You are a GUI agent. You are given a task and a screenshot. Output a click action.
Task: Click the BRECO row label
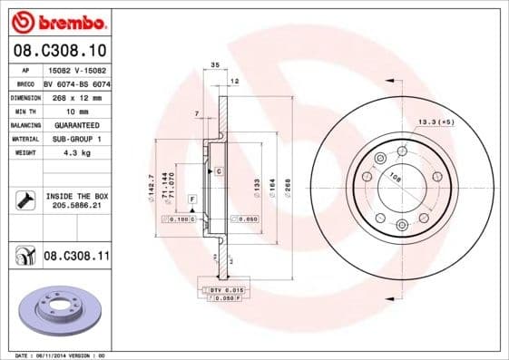point(25,83)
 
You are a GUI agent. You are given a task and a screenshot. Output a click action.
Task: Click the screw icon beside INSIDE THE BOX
point(24,200)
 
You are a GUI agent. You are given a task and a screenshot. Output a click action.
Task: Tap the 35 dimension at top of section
point(214,65)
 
